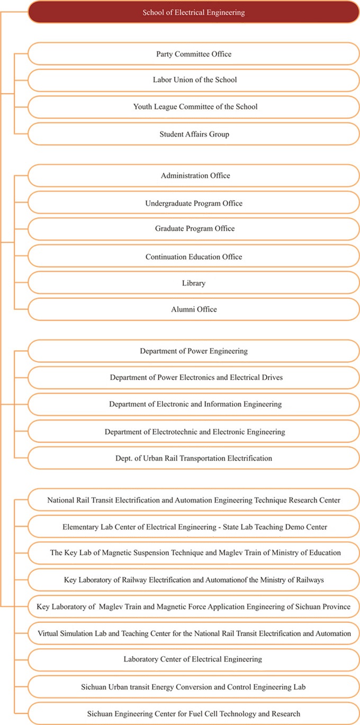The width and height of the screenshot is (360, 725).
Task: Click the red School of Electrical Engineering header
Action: coord(193,12)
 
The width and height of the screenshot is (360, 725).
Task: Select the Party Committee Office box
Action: coord(193,54)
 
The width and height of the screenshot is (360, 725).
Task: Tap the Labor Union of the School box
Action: coord(193,80)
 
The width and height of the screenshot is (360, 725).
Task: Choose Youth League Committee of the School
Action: coord(193,107)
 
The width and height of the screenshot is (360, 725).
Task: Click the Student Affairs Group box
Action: coord(193,135)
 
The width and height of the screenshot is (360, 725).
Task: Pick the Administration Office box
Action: coord(193,176)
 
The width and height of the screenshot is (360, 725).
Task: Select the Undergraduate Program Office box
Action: coord(193,203)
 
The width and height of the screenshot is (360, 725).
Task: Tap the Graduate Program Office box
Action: coord(193,229)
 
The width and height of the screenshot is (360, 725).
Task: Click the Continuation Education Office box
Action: coord(193,257)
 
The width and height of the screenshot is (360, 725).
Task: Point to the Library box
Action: coord(193,283)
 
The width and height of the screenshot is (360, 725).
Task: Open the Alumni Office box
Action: coord(193,309)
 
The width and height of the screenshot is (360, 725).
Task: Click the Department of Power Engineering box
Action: coord(193,351)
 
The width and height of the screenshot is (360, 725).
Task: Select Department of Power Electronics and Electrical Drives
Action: coord(193,378)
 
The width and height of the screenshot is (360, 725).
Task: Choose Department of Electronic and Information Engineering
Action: coord(193,404)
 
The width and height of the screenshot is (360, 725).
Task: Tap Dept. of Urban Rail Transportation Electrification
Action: coord(193,458)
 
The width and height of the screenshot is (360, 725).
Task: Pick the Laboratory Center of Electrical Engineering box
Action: coord(193,659)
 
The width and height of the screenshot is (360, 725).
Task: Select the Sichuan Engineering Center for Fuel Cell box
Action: coord(193,714)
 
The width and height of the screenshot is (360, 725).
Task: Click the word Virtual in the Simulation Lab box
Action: coord(50,633)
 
